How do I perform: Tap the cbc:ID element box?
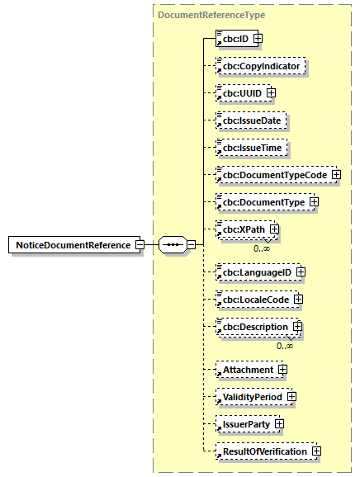coord(233,38)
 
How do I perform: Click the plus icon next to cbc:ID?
coord(258,38)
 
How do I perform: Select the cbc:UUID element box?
coord(239,92)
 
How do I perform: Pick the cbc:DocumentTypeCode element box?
coord(272,175)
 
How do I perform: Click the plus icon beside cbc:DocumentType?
coord(313,201)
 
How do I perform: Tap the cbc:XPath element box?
coord(241,229)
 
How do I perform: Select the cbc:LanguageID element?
coord(254,272)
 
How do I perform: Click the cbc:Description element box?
coord(253,327)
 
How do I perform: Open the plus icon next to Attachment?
coord(283,370)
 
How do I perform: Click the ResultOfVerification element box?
coord(263,451)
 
